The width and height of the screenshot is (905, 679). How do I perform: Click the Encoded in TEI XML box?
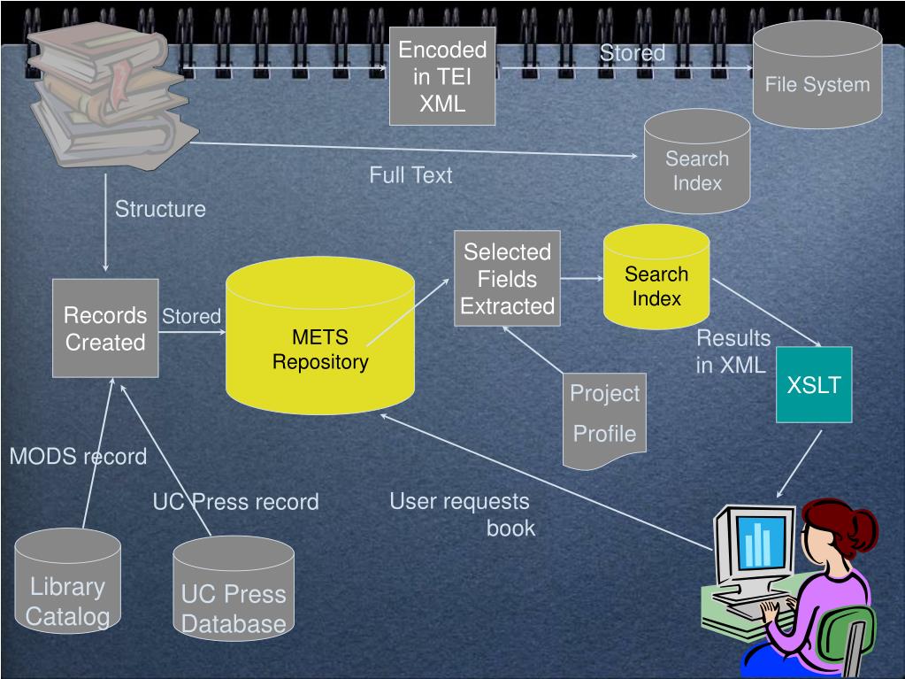click(x=442, y=76)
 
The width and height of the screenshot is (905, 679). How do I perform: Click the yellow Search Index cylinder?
click(x=656, y=278)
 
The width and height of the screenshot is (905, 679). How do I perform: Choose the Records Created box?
click(x=105, y=328)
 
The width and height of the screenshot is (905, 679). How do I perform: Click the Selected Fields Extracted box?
click(x=507, y=279)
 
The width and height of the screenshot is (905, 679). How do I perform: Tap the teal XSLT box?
click(x=814, y=385)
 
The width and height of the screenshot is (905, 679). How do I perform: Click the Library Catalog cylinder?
click(x=67, y=585)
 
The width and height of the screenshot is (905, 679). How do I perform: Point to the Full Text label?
click(x=410, y=175)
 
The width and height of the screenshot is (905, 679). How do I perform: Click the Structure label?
click(x=160, y=209)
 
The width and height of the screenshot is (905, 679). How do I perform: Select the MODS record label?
click(x=78, y=457)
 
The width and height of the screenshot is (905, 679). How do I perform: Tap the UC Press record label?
click(x=235, y=502)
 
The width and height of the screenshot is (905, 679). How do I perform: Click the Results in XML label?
click(x=732, y=351)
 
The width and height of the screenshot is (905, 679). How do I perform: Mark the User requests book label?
click(x=462, y=514)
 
